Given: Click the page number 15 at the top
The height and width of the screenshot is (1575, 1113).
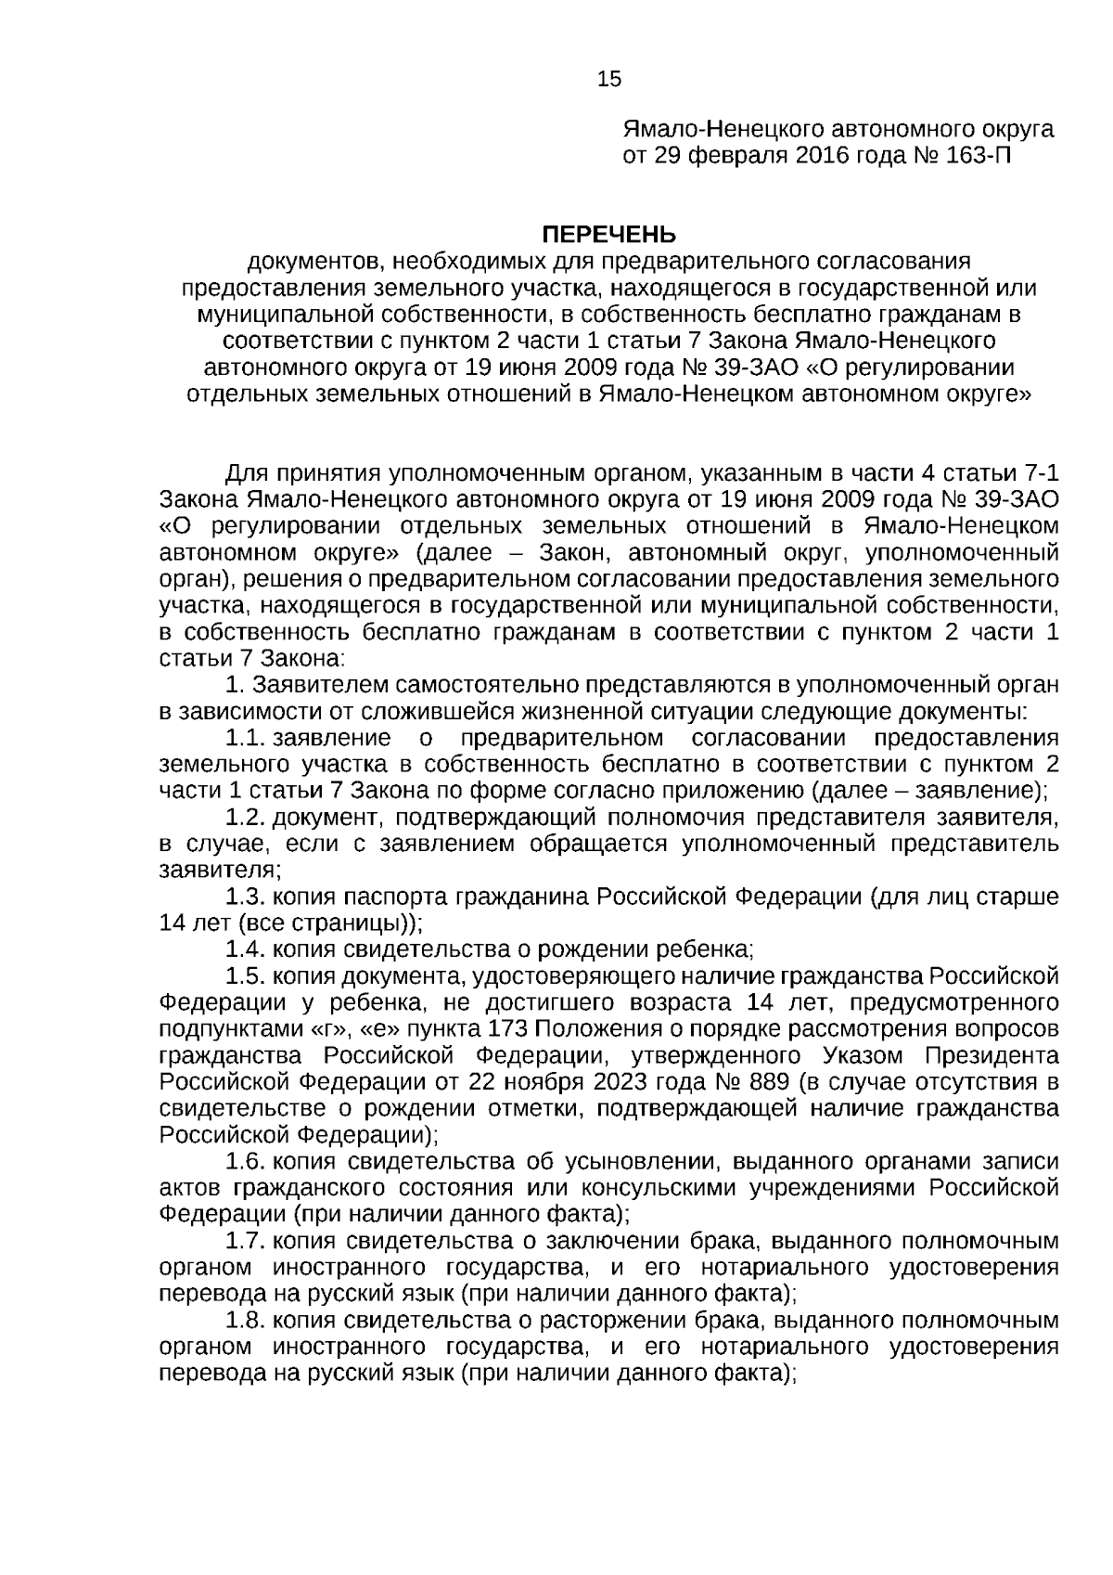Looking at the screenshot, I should (609, 80).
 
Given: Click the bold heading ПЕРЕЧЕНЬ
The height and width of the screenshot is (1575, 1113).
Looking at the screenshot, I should (608, 233).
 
